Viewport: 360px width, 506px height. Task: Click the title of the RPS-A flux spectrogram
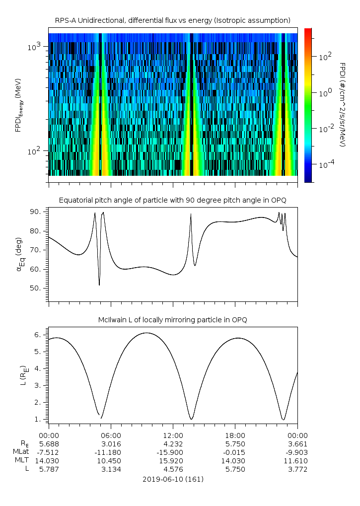(x=172, y=20)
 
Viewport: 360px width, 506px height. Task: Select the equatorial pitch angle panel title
(x=172, y=200)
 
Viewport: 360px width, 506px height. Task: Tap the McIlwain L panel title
(x=172, y=319)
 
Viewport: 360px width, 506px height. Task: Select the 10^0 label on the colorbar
(x=326, y=93)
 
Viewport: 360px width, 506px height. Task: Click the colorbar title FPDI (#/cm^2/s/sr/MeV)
(x=343, y=105)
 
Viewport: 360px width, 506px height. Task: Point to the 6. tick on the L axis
(x=40, y=335)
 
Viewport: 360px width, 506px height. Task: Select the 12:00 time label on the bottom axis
(x=173, y=434)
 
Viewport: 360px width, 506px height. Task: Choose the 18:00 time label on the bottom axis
(x=235, y=434)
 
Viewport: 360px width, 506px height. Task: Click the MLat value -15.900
(x=173, y=452)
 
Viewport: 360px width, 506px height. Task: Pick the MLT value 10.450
(x=111, y=461)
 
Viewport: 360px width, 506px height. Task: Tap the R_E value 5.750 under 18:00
(x=235, y=443)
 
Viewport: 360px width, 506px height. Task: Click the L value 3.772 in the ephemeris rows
(x=297, y=469)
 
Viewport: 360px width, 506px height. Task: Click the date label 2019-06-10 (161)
(x=173, y=479)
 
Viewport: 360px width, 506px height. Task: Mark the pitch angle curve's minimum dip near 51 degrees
(x=99, y=285)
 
